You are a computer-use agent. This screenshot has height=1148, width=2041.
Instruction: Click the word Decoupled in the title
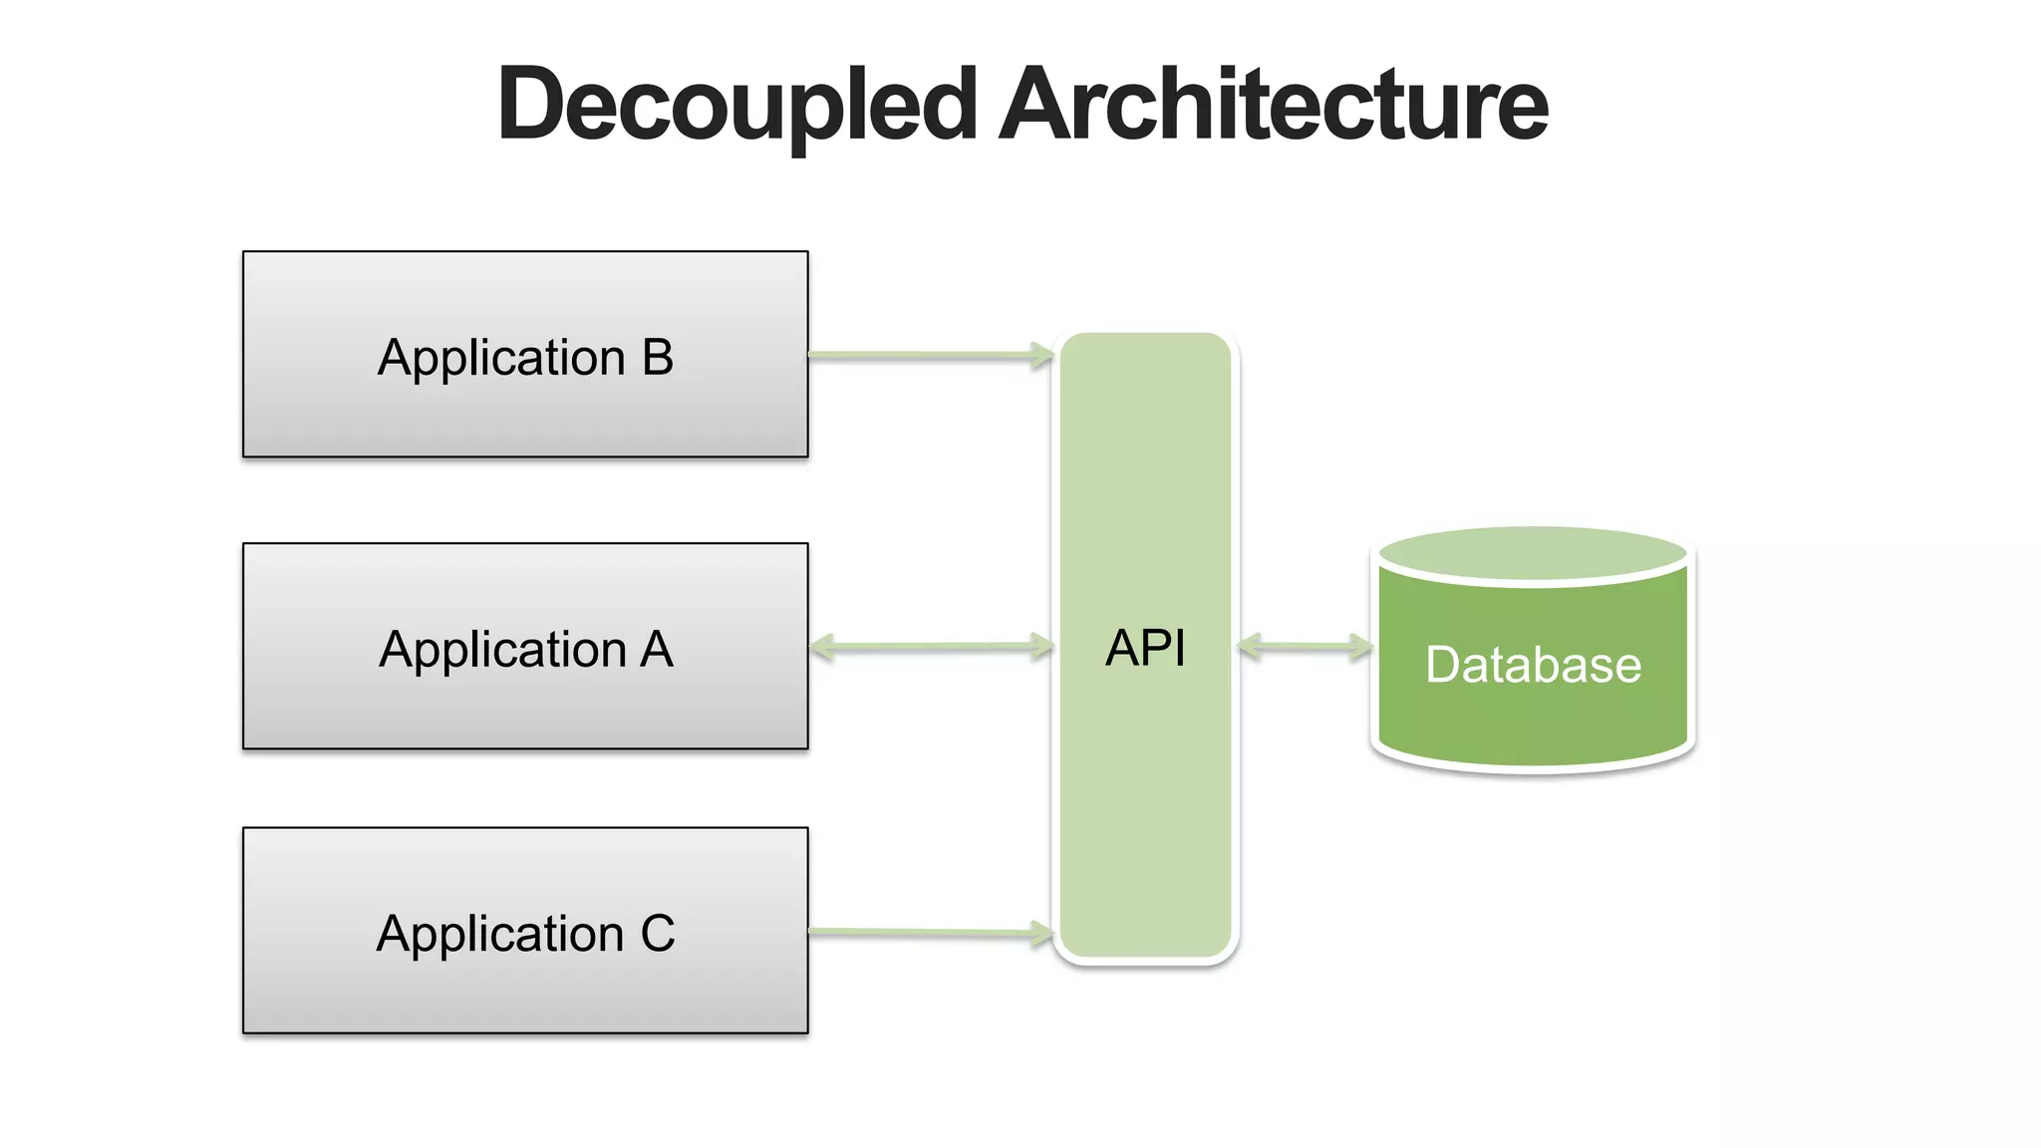coord(737,105)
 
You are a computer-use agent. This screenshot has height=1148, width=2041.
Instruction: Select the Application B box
coord(525,419)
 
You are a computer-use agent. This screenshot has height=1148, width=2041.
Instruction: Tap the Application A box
coord(525,708)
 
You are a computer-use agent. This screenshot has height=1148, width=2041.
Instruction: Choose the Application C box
coord(525,992)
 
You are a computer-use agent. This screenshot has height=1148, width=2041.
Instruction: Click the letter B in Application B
coord(658,358)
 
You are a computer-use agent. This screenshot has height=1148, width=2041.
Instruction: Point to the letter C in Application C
coord(658,934)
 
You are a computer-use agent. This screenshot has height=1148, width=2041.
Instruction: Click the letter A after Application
coord(657,650)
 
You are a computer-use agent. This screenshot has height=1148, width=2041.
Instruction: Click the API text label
coord(1145,649)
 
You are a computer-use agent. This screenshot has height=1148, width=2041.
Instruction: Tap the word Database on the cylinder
coord(1533,665)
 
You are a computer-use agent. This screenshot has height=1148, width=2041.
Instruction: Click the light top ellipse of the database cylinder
coord(1533,551)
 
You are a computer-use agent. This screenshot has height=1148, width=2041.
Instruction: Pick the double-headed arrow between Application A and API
coord(932,648)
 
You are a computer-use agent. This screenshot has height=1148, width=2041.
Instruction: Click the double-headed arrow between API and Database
coord(1305,648)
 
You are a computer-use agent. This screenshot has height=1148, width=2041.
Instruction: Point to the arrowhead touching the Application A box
coord(822,648)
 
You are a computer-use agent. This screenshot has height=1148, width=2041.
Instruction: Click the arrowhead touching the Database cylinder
coord(1361,648)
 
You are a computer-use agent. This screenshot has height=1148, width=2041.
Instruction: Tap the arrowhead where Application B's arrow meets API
coord(1041,355)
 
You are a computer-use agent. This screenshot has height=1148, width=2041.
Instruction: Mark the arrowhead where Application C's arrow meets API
coord(1041,933)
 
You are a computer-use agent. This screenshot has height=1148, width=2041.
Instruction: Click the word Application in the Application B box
coord(501,358)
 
